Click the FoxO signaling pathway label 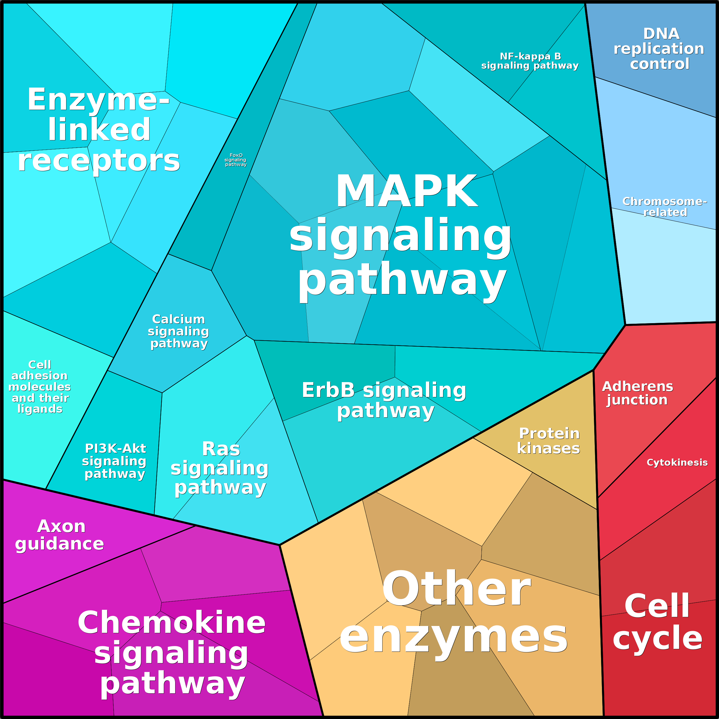tap(236, 160)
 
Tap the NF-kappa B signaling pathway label tap(530, 61)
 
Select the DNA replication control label tap(659, 49)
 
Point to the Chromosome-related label tap(665, 207)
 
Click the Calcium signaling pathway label tap(178, 331)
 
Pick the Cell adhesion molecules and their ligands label tap(40, 387)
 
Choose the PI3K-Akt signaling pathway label tap(114, 461)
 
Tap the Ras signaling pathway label tap(220, 468)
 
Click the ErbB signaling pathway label tap(384, 400)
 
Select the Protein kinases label tap(549, 441)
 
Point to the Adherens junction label tap(637, 393)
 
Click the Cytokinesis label tap(677, 462)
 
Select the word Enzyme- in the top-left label tap(99, 100)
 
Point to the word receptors tap(99, 161)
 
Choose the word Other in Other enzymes tap(457, 590)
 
